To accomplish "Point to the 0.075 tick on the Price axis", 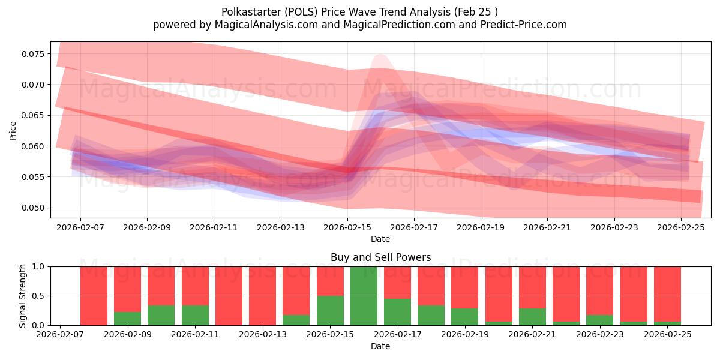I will click(34, 54).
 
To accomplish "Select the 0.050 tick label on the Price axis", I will click(34, 208).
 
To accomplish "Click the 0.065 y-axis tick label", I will click(34, 115).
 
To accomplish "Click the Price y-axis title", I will click(13, 130).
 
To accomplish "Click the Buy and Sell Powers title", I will click(380, 257).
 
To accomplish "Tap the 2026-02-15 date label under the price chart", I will click(347, 228).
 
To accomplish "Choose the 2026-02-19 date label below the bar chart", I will click(464, 335).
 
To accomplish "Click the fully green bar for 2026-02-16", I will click(364, 296).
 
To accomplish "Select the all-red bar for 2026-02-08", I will click(94, 296).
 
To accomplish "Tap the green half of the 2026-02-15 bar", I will click(331, 310).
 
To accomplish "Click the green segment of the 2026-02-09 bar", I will click(127, 319).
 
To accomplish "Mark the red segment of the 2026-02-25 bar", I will click(667, 293).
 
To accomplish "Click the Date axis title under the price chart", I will click(380, 239).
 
